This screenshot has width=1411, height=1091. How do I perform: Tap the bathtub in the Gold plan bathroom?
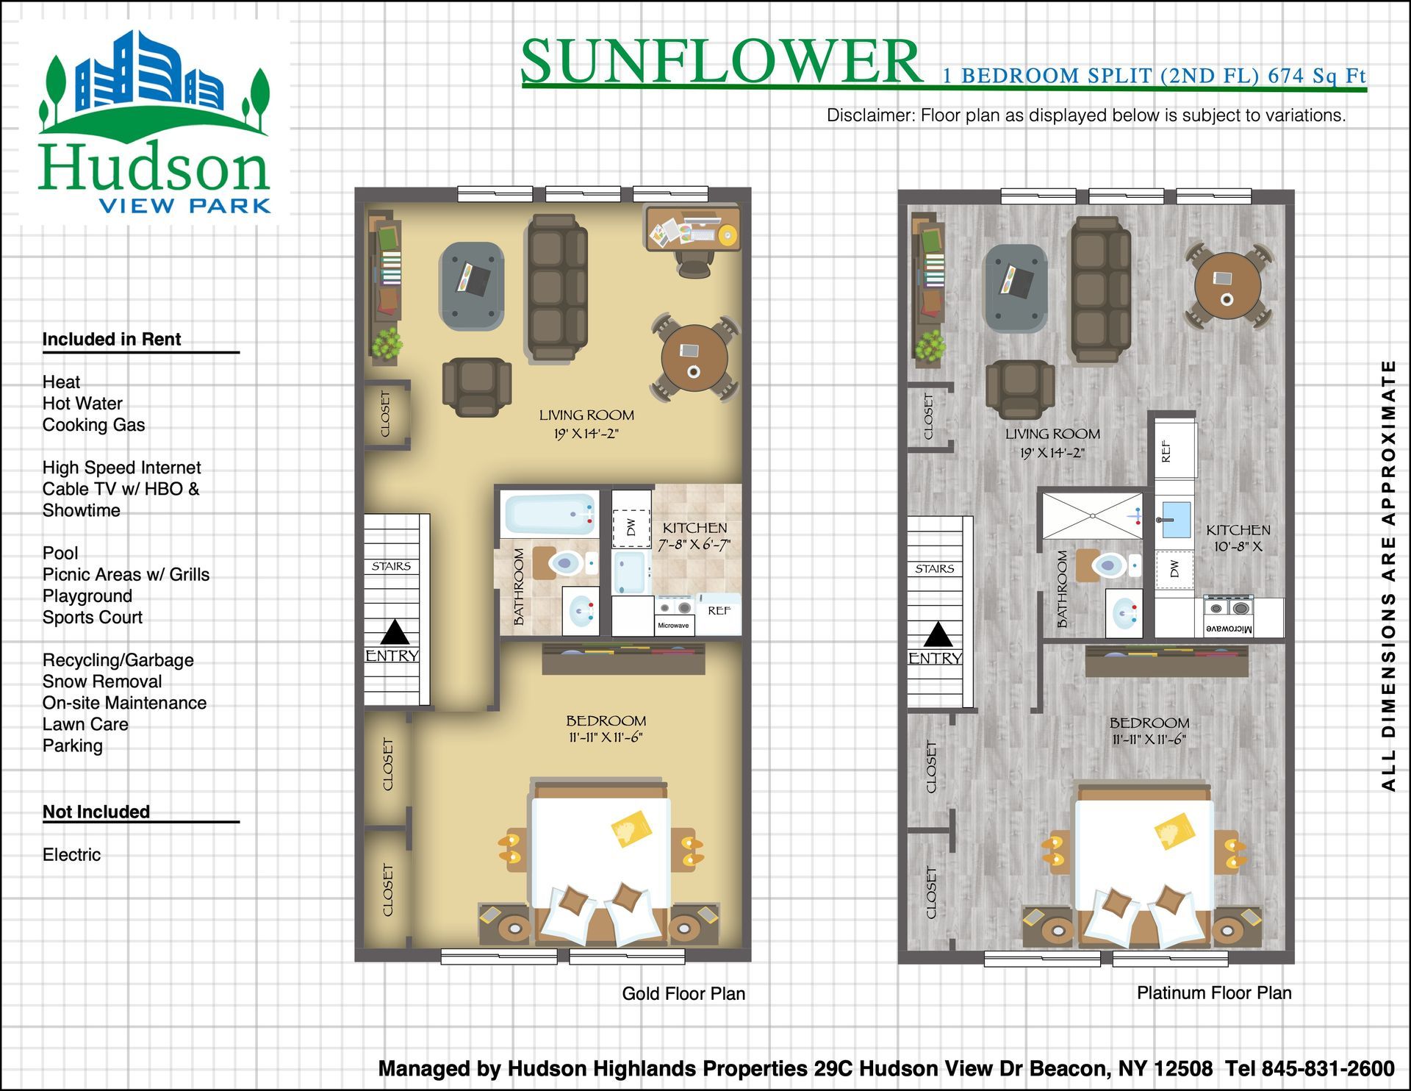tap(549, 515)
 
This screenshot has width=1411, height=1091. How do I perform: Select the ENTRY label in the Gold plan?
tap(392, 656)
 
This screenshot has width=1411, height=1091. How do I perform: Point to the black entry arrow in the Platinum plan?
tap(937, 634)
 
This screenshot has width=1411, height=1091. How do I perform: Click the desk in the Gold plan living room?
tap(693, 229)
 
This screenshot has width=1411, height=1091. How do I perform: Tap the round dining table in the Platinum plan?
tap(1227, 286)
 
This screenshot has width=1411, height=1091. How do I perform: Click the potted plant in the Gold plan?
tap(387, 344)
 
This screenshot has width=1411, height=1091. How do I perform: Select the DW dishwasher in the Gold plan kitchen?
tap(631, 528)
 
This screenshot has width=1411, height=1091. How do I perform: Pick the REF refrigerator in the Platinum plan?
tap(1175, 450)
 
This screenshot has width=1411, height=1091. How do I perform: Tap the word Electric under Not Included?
tap(71, 854)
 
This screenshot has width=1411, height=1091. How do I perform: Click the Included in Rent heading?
tap(112, 339)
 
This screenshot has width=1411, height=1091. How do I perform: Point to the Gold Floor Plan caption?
tap(683, 994)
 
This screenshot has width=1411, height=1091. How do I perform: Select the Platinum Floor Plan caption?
tap(1214, 993)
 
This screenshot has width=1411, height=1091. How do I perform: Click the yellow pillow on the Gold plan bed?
tap(631, 829)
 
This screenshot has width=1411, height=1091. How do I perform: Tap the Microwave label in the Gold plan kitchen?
tap(673, 626)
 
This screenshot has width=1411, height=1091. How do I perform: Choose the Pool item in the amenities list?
tap(60, 553)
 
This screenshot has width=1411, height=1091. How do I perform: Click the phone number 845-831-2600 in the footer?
tap(1328, 1068)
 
